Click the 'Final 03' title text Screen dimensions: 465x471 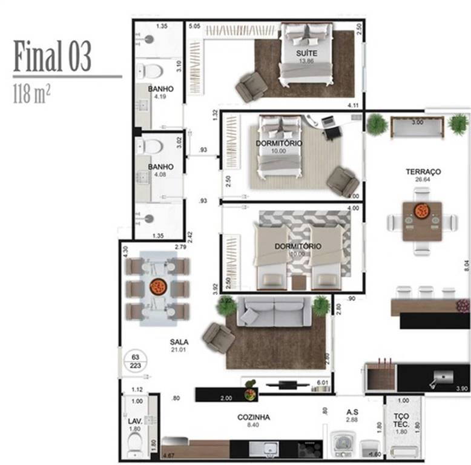[x=52, y=57]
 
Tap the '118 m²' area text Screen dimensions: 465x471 [x=31, y=94]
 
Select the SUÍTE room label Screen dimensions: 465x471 [x=305, y=53]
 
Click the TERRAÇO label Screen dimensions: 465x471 [x=423, y=172]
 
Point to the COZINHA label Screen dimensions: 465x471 [x=254, y=417]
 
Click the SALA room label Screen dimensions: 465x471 [x=179, y=342]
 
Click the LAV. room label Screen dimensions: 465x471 [x=135, y=421]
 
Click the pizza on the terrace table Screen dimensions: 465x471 [x=422, y=211]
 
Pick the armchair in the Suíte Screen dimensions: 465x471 [x=251, y=87]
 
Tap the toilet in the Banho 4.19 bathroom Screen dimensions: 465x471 [x=150, y=71]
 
